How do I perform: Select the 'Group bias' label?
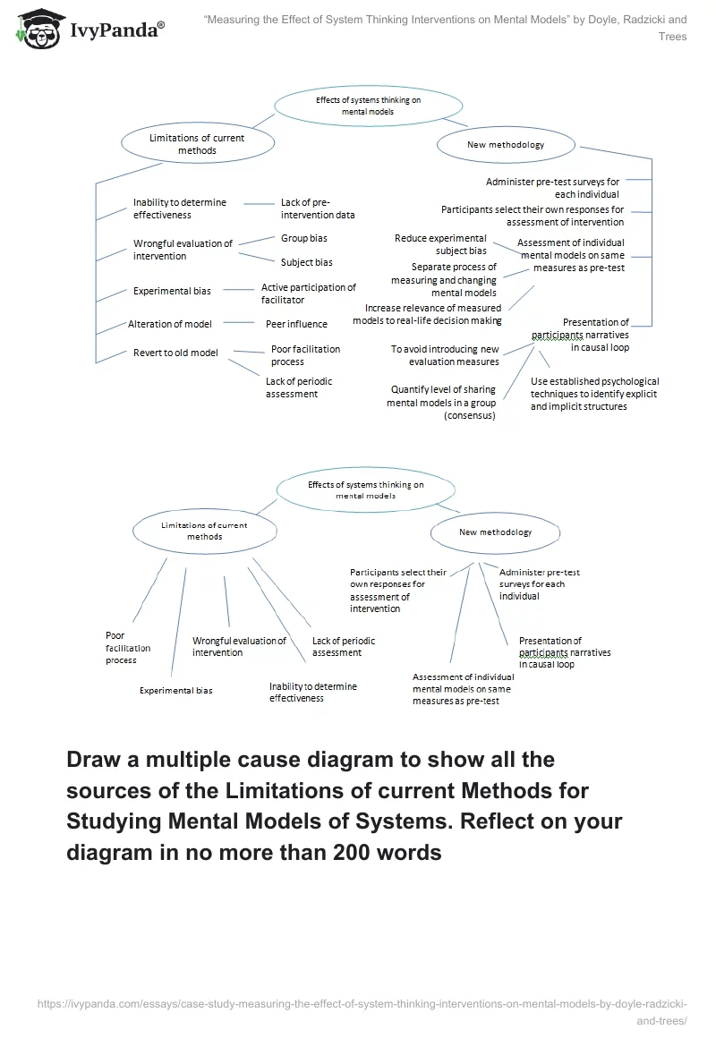tap(304, 239)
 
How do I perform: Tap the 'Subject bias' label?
tap(307, 262)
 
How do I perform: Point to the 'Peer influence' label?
tap(296, 324)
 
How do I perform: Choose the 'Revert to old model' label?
tap(175, 353)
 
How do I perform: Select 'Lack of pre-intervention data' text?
tap(318, 208)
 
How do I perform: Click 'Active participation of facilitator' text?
tap(308, 294)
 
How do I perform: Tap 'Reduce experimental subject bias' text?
tap(440, 244)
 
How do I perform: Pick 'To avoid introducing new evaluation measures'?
tap(445, 355)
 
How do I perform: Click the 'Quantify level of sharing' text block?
tap(442, 402)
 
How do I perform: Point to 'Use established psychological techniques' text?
tap(594, 394)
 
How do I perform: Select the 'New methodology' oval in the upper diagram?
tap(505, 144)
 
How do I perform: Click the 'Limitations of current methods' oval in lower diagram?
tap(204, 531)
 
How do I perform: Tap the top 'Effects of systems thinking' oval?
tap(368, 106)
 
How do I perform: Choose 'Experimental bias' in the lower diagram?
tap(175, 691)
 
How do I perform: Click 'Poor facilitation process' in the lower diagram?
tap(128, 648)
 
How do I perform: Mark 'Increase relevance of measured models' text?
tap(433, 314)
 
